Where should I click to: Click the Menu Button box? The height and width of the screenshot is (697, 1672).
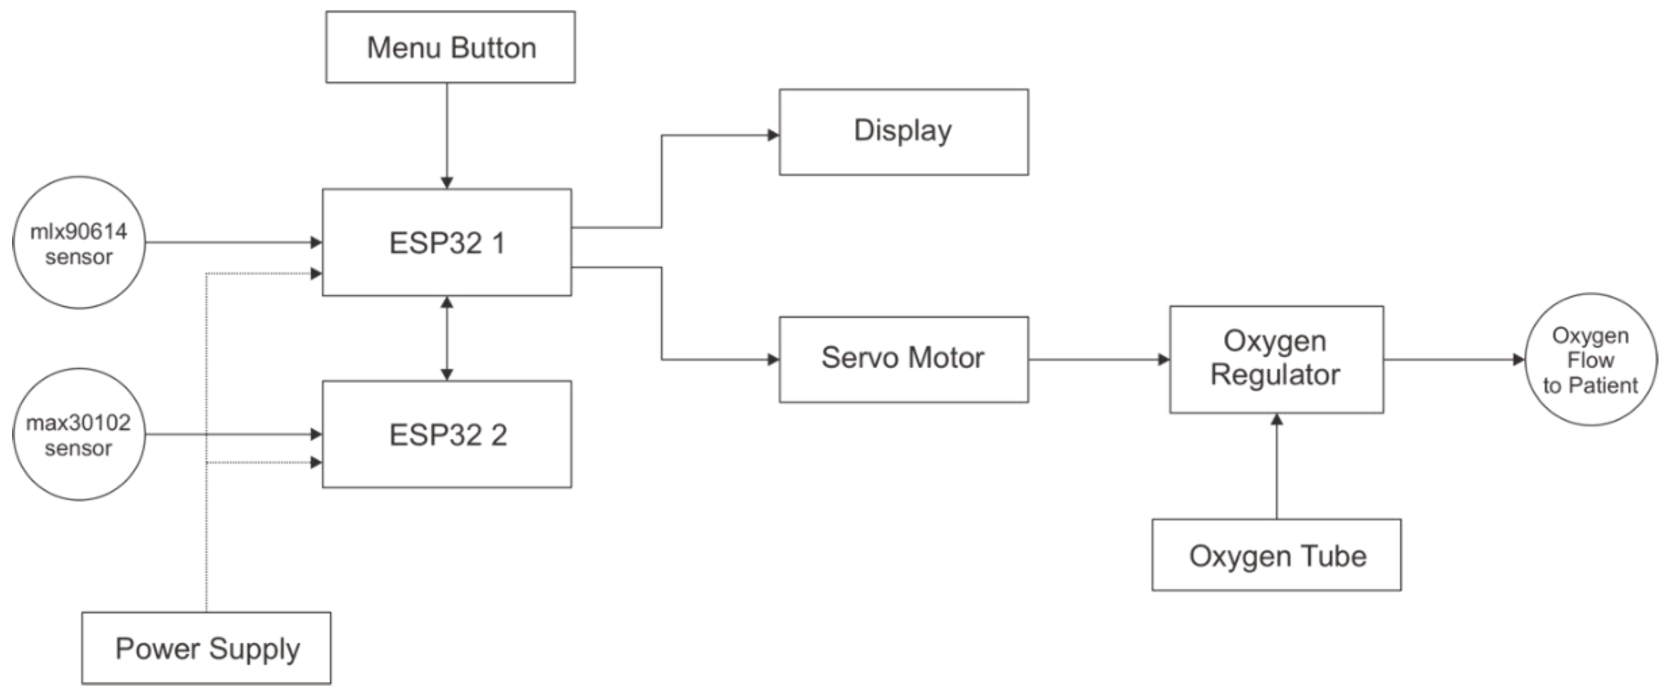(450, 46)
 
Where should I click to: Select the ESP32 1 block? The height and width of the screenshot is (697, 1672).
(446, 242)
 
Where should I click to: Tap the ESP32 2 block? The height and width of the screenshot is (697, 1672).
(446, 434)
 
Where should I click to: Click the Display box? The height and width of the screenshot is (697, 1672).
(903, 131)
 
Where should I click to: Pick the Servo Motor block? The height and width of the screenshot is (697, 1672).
(903, 359)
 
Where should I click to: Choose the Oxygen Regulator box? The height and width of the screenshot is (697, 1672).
(1275, 359)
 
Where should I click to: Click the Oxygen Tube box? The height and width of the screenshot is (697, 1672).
(1275, 555)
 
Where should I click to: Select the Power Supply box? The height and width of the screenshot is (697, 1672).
(206, 647)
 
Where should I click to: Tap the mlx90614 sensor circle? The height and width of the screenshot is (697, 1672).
(78, 242)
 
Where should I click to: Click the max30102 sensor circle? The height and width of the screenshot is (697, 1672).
(78, 434)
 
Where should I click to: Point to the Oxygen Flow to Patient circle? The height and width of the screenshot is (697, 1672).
(1590, 359)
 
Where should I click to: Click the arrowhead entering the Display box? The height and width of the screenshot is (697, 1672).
(773, 135)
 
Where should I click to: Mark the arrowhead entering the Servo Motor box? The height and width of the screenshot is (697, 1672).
(773, 359)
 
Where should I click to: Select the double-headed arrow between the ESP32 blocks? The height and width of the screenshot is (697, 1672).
(446, 338)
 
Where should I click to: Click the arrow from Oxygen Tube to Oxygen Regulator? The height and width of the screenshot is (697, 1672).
(1276, 467)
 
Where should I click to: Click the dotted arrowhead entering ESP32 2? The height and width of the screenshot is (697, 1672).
(316, 462)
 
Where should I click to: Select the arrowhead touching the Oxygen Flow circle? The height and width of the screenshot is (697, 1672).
(1519, 359)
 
